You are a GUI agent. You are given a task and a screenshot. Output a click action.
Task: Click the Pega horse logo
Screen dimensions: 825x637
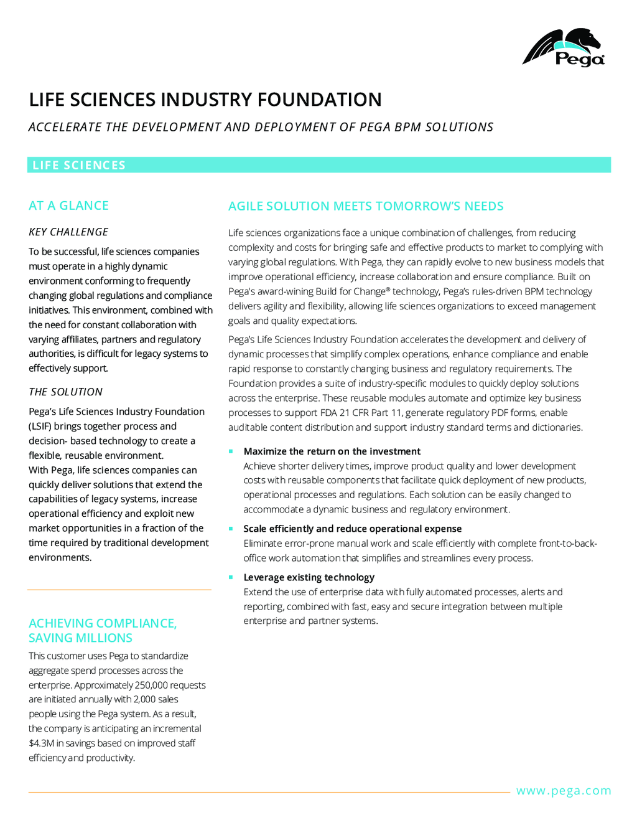pos(563,47)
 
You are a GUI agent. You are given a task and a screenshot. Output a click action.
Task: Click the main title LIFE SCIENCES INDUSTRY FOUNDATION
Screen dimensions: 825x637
pos(205,100)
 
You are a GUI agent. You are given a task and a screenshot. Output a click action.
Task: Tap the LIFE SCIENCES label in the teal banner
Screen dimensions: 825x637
pos(79,165)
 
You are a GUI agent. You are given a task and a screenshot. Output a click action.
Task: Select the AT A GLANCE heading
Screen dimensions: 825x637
pos(68,205)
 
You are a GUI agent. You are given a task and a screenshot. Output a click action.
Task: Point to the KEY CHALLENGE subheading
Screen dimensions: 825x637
pos(68,232)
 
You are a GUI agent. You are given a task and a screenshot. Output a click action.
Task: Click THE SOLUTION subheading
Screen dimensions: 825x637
pos(65,392)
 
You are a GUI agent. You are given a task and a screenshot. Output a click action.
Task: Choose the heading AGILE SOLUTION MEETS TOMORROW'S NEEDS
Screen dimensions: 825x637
pos(366,206)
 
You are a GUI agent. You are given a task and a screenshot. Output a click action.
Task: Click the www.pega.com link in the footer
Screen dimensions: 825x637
pos(564,791)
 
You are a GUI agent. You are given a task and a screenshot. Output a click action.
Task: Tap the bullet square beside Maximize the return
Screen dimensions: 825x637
pos(231,451)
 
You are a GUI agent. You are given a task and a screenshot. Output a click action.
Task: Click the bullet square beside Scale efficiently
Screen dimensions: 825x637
pos(231,529)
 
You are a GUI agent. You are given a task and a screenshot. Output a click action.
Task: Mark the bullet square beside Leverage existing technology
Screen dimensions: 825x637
pos(231,577)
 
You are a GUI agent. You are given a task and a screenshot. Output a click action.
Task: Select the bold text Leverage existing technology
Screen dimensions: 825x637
pos(309,577)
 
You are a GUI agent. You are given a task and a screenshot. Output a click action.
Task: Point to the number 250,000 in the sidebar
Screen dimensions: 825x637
pos(151,685)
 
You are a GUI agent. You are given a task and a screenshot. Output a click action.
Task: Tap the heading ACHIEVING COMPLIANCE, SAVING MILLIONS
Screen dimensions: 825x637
pos(103,630)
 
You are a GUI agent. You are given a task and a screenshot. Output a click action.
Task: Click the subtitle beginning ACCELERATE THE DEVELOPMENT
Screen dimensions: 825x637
pos(261,127)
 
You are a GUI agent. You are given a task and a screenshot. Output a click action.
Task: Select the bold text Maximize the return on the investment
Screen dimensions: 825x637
pos(332,451)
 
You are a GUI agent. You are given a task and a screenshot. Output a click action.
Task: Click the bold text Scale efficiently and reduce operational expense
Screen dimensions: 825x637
pos(353,529)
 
